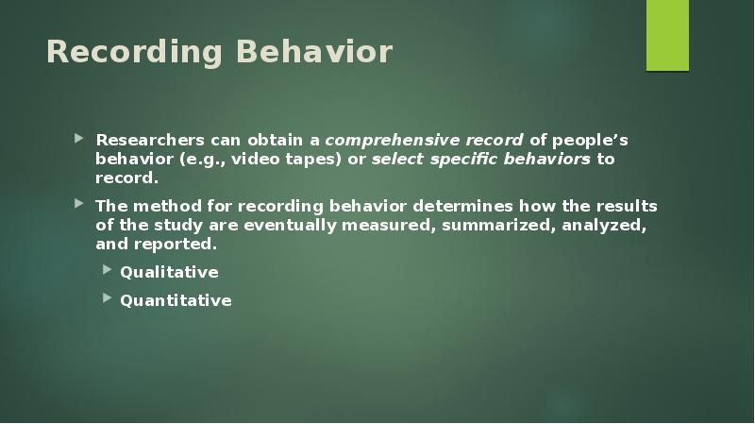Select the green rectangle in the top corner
click(667, 36)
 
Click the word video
click(254, 159)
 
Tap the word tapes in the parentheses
click(309, 159)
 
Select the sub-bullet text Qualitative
click(169, 272)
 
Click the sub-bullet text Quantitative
click(176, 300)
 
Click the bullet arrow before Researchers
click(80, 140)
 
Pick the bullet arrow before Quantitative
click(106, 299)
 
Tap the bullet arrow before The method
click(80, 205)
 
